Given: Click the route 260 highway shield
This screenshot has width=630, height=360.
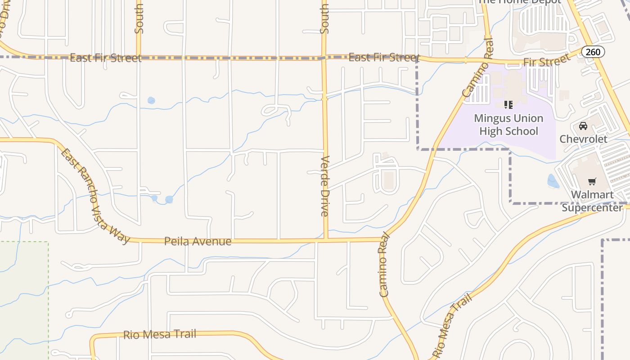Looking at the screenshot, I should click(593, 52).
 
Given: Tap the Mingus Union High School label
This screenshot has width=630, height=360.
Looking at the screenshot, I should click(508, 125).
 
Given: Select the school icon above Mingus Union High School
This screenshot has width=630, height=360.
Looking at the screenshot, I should click(508, 105).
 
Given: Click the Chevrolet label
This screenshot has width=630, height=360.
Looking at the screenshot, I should click(583, 139).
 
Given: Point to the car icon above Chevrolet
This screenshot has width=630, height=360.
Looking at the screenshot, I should click(583, 126).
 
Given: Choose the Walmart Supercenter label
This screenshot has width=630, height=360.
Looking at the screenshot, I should click(592, 201).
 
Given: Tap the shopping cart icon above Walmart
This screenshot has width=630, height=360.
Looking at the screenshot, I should click(592, 182).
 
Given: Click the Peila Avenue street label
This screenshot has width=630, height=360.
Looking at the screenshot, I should click(198, 241).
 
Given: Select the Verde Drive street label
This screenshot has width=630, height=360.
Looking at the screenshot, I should click(325, 186).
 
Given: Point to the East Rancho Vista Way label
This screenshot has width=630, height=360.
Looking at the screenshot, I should click(95, 196).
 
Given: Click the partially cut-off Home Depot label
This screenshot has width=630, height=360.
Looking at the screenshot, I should click(519, 2).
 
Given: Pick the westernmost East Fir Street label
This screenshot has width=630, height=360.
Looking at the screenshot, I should click(106, 58).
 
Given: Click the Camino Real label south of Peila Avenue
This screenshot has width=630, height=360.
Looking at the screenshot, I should click(383, 268).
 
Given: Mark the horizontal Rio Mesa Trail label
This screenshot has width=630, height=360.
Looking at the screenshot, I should click(160, 334).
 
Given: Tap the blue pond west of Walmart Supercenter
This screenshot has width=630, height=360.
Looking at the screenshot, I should click(553, 181).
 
